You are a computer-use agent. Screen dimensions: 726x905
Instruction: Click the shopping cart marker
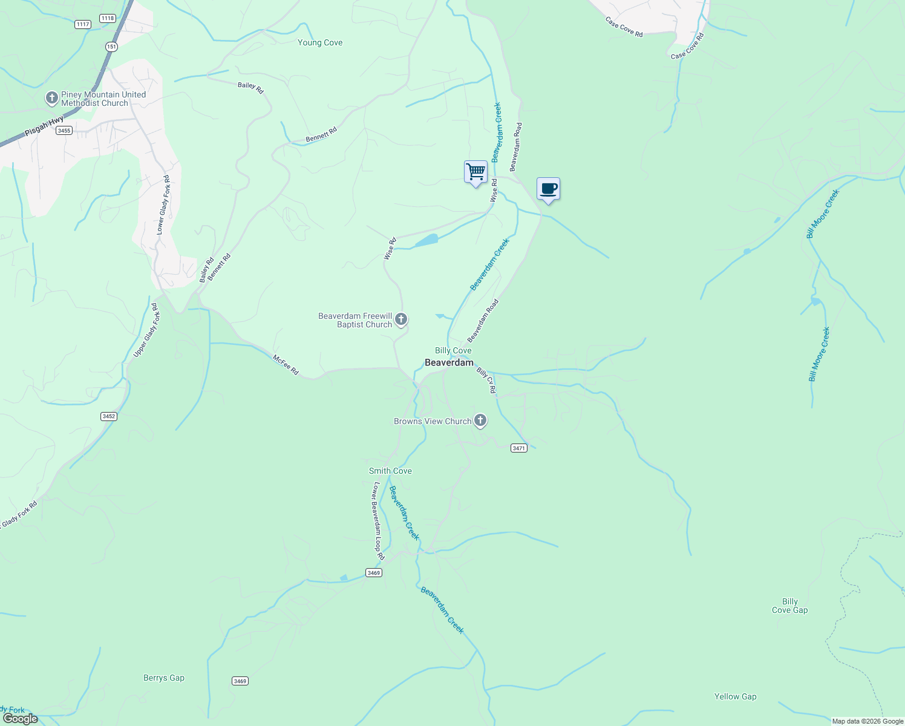(475, 172)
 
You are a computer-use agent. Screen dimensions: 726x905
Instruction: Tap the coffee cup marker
(548, 189)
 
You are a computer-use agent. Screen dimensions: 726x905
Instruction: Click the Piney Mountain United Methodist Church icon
(52, 97)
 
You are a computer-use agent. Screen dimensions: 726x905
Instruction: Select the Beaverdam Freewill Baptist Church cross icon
(400, 319)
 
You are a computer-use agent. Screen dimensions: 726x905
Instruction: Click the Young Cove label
(320, 43)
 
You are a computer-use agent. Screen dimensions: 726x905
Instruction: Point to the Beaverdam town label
(449, 363)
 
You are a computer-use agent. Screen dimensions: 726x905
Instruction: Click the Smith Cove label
(390, 471)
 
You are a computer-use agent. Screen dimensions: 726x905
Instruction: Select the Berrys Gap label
(164, 678)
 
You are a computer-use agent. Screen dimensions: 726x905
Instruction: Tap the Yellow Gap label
(735, 697)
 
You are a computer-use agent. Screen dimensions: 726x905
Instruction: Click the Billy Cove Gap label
(789, 606)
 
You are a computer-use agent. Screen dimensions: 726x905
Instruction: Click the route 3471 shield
(519, 448)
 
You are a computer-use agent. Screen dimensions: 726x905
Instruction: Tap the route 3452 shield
(109, 416)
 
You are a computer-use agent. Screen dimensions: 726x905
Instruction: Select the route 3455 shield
(64, 130)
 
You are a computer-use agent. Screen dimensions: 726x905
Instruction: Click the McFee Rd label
(286, 365)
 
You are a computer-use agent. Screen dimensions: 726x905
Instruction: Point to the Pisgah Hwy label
(44, 126)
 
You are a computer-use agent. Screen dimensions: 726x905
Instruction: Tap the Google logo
(20, 719)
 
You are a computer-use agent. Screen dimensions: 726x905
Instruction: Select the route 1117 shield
(83, 24)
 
